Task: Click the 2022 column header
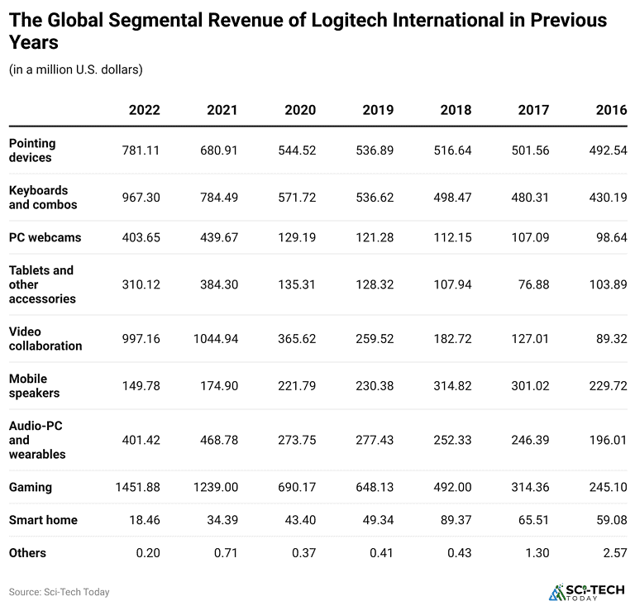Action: (144, 110)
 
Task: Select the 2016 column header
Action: (611, 110)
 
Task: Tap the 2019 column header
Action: (378, 110)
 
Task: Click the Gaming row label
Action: (31, 487)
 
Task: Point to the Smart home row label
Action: (43, 520)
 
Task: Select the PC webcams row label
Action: (45, 237)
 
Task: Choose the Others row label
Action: (28, 552)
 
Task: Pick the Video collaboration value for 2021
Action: (214, 338)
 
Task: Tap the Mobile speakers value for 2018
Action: (452, 385)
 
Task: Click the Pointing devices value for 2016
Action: (608, 150)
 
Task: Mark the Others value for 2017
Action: (537, 552)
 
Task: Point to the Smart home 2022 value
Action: (144, 520)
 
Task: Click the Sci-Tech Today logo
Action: (584, 591)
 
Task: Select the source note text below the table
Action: (59, 592)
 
